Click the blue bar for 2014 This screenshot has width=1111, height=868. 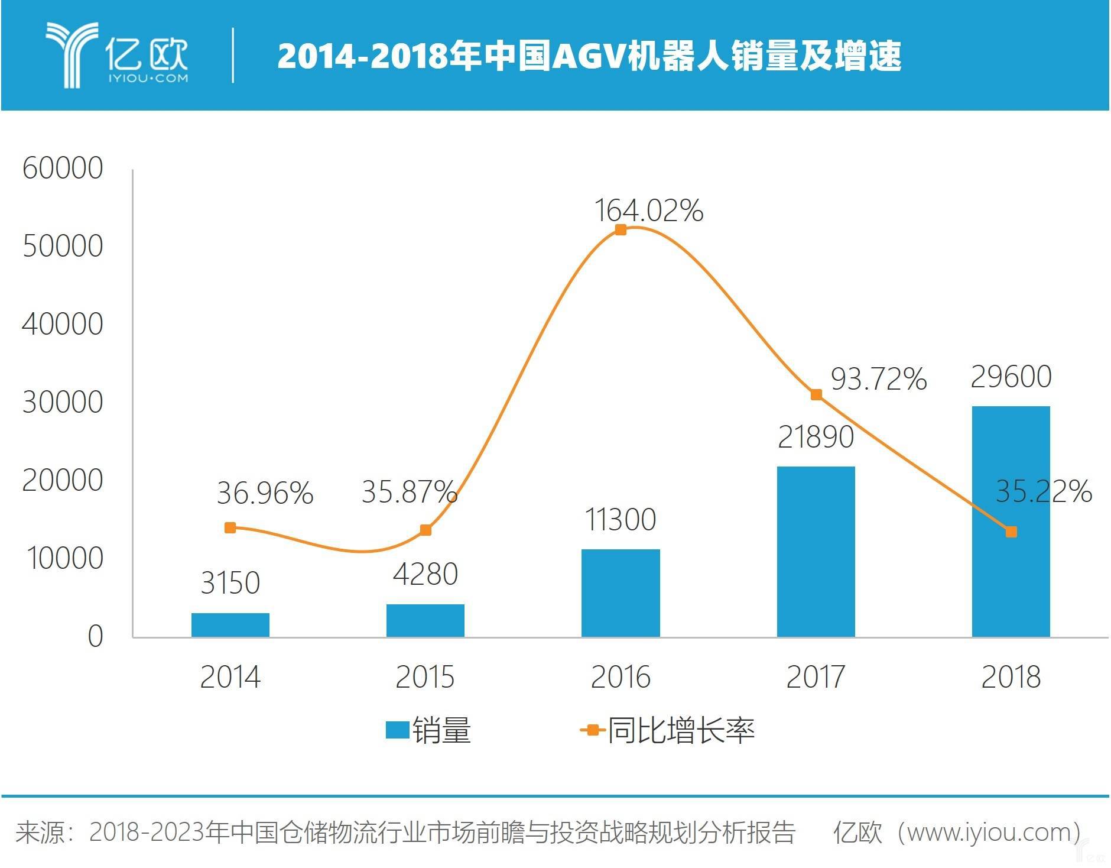tap(230, 624)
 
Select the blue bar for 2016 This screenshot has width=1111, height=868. tap(620, 592)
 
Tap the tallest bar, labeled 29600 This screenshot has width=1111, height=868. tap(1011, 521)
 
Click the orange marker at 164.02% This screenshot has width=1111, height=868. tap(621, 229)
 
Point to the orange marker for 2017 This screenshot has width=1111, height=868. tap(816, 394)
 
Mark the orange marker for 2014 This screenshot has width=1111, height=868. tap(230, 527)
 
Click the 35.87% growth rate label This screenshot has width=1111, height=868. tap(409, 491)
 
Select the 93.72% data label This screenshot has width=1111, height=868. tap(878, 379)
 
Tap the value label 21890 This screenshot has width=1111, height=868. tap(816, 438)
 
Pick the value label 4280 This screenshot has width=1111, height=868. tap(425, 574)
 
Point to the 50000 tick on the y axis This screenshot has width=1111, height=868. tap(63, 246)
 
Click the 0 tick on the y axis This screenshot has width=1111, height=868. tap(95, 637)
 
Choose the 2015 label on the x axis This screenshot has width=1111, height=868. tap(425, 677)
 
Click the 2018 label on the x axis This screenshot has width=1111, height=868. tap(1011, 677)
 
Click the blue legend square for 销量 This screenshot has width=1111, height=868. tap(397, 730)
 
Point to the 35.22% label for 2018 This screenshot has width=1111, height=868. tap(1044, 491)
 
